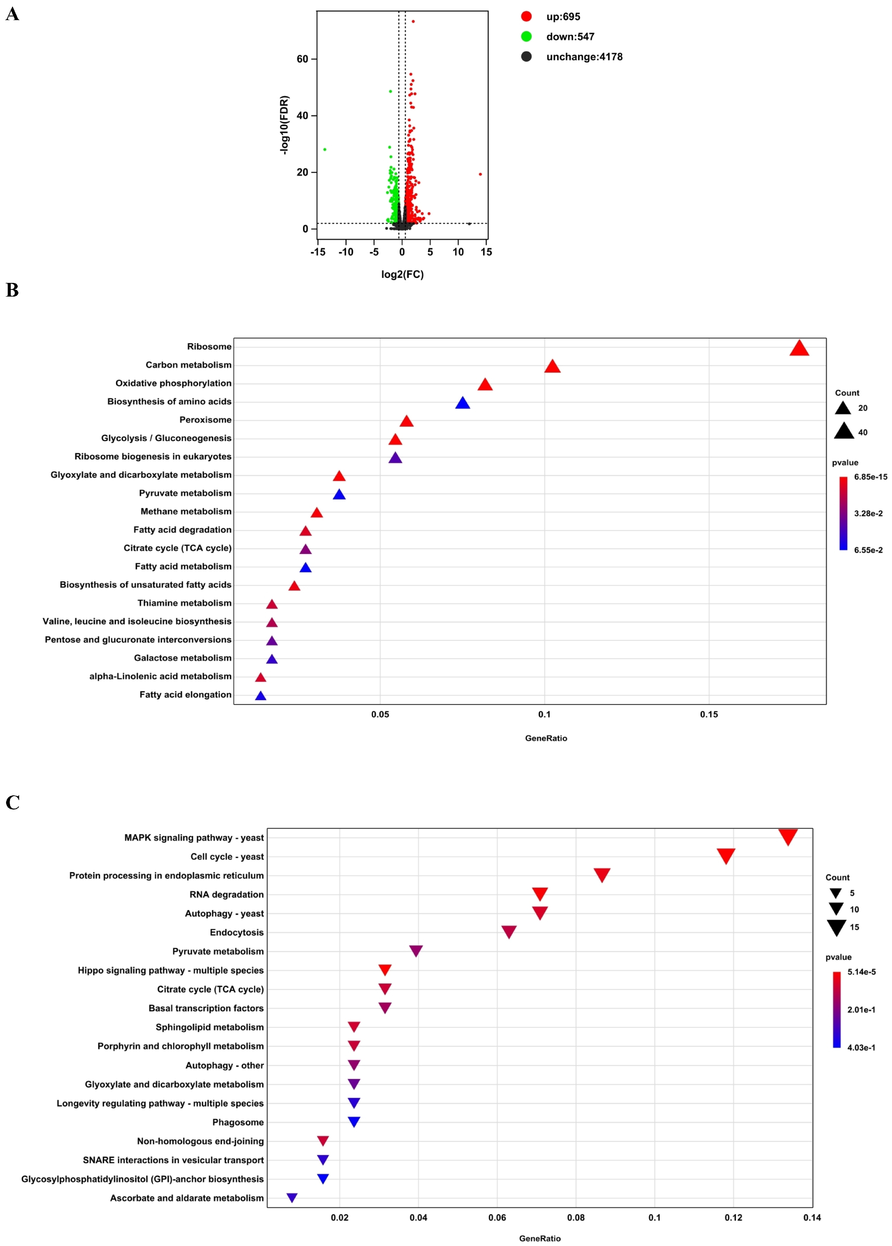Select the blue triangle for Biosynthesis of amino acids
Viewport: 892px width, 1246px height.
(463, 404)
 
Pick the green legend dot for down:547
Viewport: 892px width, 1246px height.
(526, 37)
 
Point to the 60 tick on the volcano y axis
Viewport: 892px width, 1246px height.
(302, 59)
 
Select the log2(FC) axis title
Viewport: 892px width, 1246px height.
(402, 274)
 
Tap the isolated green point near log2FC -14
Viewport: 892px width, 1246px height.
(325, 149)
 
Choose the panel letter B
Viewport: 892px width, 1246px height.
(12, 290)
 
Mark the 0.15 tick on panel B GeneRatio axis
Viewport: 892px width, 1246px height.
(709, 714)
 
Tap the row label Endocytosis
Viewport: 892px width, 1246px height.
(236, 932)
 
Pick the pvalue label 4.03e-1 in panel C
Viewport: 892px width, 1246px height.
(861, 1047)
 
